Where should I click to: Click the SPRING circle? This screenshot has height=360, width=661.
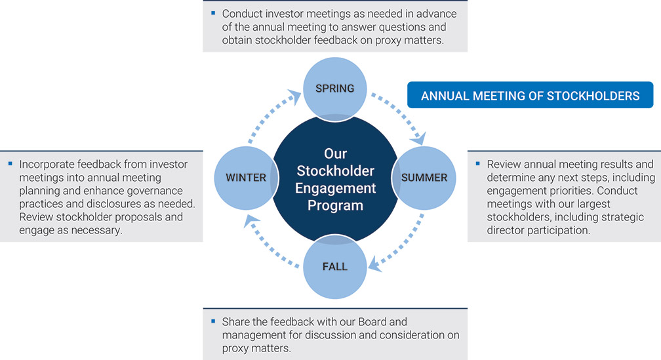tap(334, 89)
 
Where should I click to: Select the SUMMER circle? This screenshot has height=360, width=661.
tap(424, 178)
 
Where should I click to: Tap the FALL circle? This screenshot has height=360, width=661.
tap(334, 267)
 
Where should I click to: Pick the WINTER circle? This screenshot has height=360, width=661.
tap(246, 178)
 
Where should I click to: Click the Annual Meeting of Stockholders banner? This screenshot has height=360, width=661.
tap(530, 96)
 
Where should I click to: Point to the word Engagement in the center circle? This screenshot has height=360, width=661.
tap(335, 188)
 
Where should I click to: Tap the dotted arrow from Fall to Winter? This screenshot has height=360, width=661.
tap(269, 243)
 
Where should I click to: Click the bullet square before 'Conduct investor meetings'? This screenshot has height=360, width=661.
tap(212, 12)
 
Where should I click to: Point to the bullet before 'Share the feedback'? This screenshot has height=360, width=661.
tap(212, 321)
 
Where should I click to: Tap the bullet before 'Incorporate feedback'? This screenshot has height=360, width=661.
tap(10, 163)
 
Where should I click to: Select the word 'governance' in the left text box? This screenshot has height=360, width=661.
tap(161, 191)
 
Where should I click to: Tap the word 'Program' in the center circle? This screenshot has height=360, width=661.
tap(335, 205)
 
